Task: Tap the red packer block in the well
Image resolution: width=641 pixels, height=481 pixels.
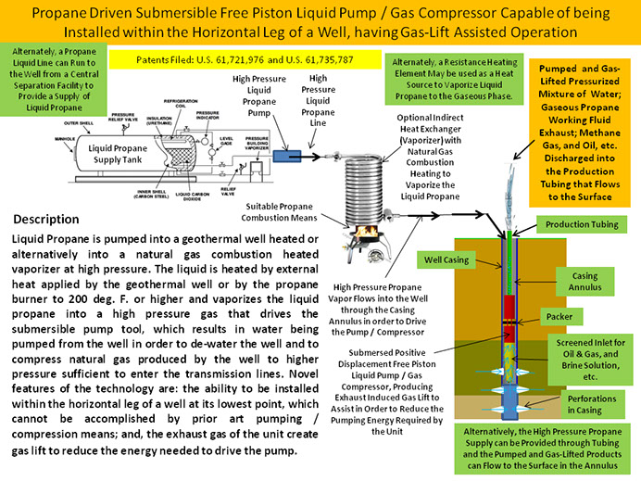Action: click(x=509, y=307)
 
